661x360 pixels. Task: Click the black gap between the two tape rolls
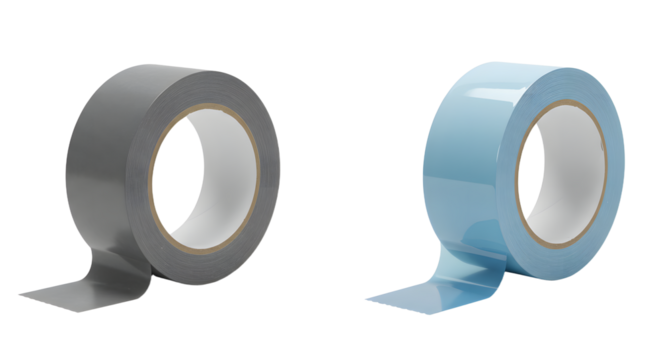pyautogui.click(x=320, y=180)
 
